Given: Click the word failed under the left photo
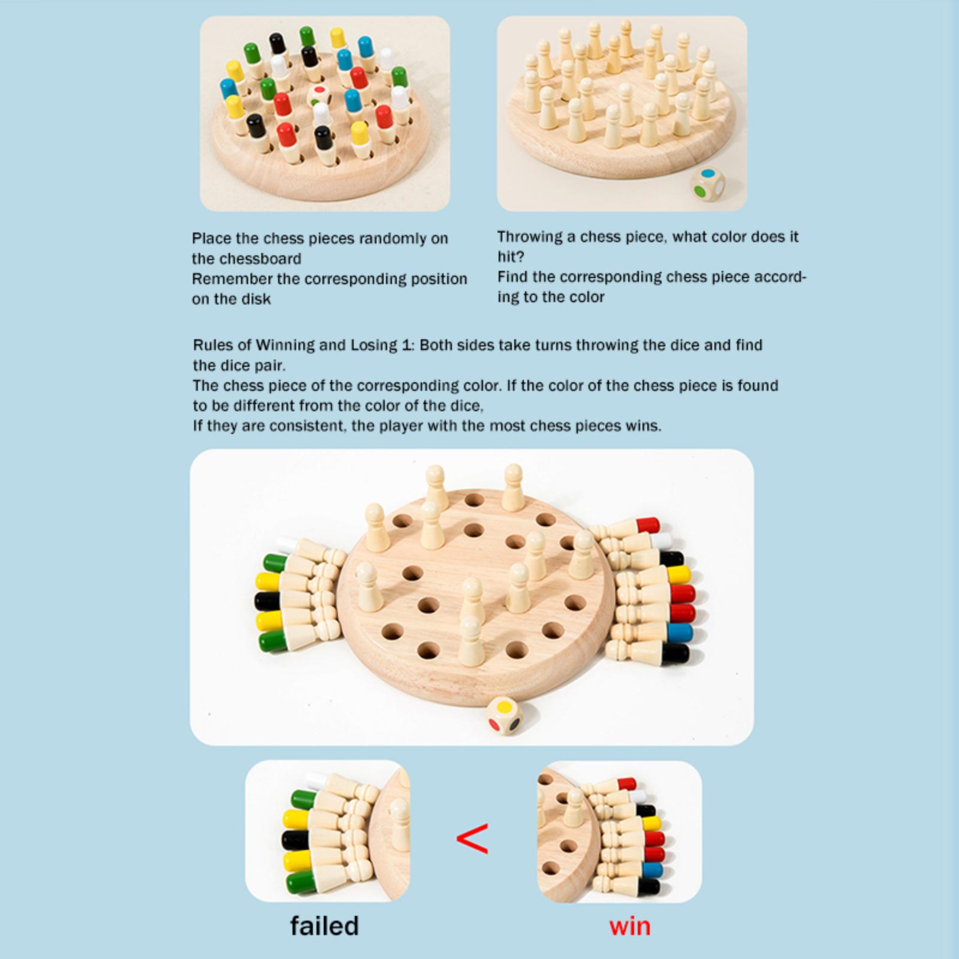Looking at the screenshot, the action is point(324,925).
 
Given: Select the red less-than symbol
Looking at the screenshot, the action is point(472,838).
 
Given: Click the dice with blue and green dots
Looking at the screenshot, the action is point(708,185).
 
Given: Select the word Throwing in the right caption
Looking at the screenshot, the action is point(529,237).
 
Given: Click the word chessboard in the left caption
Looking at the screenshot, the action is point(262,259).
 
